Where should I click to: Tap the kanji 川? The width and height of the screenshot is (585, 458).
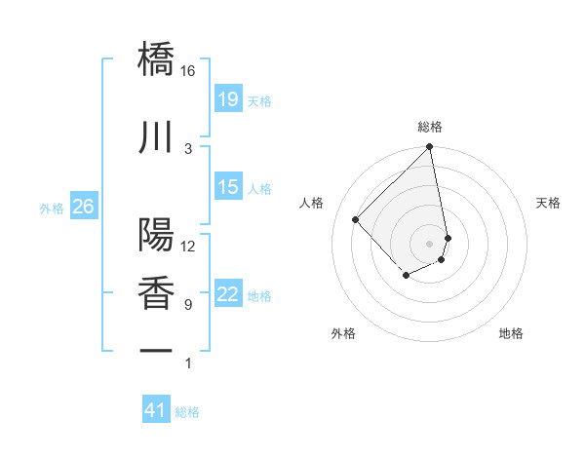pyautogui.click(x=156, y=137)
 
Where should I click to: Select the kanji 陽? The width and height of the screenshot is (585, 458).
pyautogui.click(x=156, y=235)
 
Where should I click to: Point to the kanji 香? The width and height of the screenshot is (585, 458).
pyautogui.click(x=156, y=293)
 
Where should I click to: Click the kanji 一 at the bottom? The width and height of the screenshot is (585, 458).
pyautogui.click(x=156, y=349)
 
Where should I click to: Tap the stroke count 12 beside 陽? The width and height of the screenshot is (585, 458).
pyautogui.click(x=188, y=247)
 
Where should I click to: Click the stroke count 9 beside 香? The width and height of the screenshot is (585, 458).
pyautogui.click(x=188, y=305)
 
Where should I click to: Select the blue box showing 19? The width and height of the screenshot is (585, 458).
pyautogui.click(x=227, y=98)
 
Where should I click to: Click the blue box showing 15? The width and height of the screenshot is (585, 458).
pyautogui.click(x=227, y=187)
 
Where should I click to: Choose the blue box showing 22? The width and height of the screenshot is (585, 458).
pyautogui.click(x=227, y=294)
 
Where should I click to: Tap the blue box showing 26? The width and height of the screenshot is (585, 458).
pyautogui.click(x=84, y=206)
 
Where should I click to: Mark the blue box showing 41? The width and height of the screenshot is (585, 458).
pyautogui.click(x=156, y=410)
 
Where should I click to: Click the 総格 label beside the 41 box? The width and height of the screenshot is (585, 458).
pyautogui.click(x=188, y=412)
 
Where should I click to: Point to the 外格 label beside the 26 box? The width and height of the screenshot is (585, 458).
pyautogui.click(x=52, y=208)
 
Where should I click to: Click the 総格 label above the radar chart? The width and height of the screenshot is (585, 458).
pyautogui.click(x=429, y=127)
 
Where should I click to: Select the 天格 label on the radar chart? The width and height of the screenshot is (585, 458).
pyautogui.click(x=548, y=203)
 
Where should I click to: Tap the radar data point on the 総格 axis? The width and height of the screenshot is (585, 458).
pyautogui.click(x=429, y=148)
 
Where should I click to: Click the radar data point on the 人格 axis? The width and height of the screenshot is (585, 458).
pyautogui.click(x=356, y=220)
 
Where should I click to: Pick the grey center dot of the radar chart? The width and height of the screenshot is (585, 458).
pyautogui.click(x=429, y=243)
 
